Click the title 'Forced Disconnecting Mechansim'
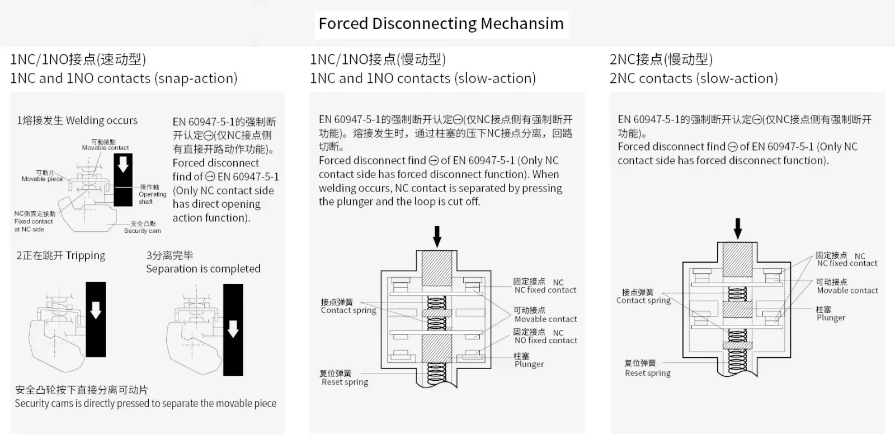click(x=441, y=24)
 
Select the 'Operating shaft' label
click(x=152, y=194)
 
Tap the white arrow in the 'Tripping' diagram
click(x=96, y=310)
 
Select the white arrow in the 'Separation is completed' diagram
click(x=233, y=329)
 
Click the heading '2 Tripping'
click(x=61, y=255)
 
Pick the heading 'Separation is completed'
click(x=203, y=268)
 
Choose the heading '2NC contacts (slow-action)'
click(x=694, y=78)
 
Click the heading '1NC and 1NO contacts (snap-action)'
click(x=124, y=78)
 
